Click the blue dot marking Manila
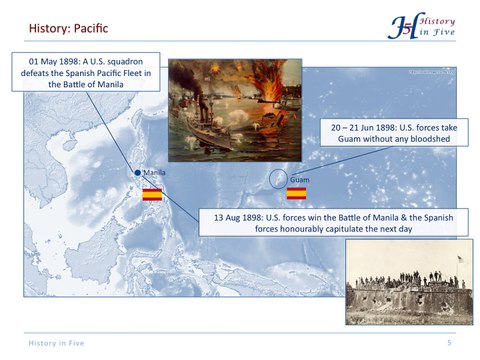(138, 174)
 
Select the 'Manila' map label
(155, 174)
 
